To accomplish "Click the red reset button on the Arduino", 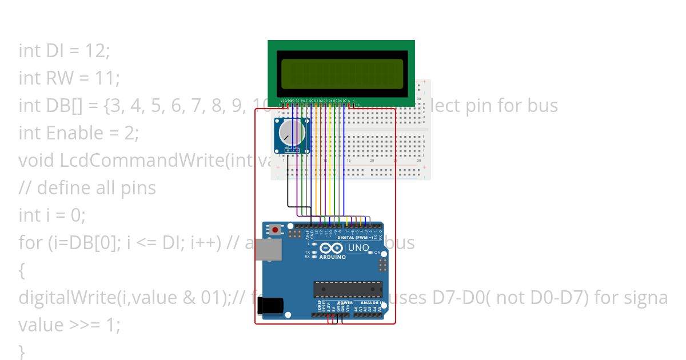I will coord(276,230).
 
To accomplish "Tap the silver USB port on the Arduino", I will coord(268,250).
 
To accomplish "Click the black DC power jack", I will coord(269,306).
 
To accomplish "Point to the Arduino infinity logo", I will coord(331,248).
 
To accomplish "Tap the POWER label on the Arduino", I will coord(345,302).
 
